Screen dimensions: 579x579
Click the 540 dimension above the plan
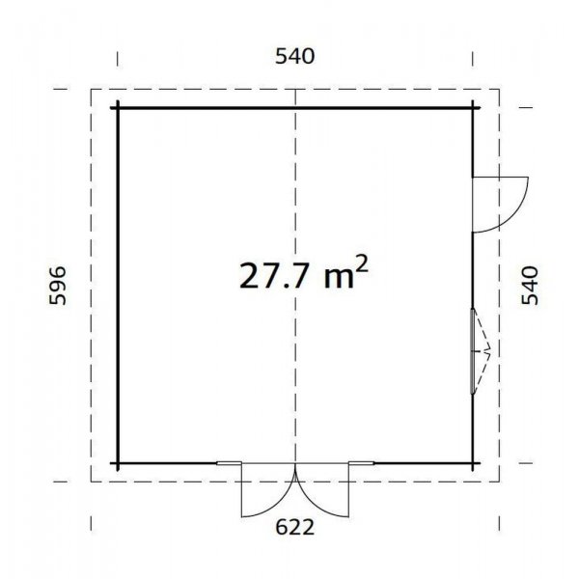coord(294,57)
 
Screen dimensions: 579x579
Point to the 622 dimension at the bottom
coord(295,527)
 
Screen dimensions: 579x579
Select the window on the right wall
coord(473,350)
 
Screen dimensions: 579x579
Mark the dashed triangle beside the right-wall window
coord(485,350)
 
